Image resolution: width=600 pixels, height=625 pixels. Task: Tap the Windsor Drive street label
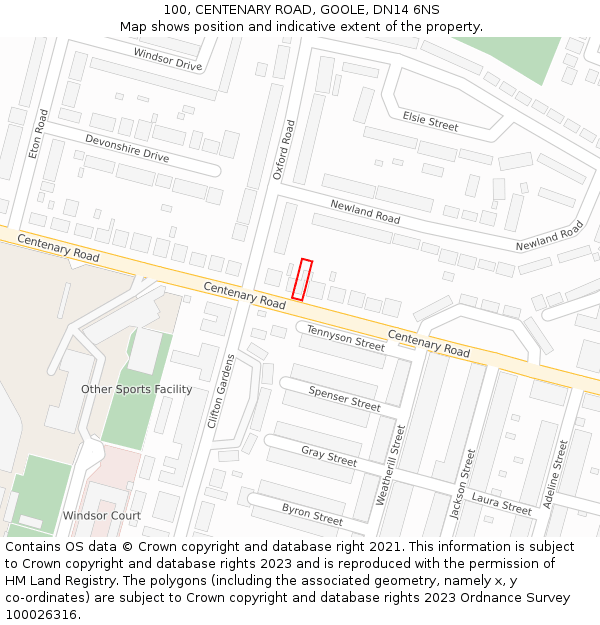pyautogui.click(x=167, y=59)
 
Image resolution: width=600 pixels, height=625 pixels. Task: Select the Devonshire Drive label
pyautogui.click(x=127, y=148)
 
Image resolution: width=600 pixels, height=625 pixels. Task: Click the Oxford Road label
pyautogui.click(x=284, y=150)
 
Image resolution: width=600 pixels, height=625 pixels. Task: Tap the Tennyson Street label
pyautogui.click(x=345, y=338)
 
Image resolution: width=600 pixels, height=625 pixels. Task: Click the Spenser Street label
pyautogui.click(x=344, y=399)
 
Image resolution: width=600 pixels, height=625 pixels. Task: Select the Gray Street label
pyautogui.click(x=329, y=457)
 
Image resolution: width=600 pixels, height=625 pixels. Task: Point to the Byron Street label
pyautogui.click(x=312, y=514)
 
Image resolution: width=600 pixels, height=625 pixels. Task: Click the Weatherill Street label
pyautogui.click(x=390, y=465)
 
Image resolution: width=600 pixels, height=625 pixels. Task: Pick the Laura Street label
pyautogui.click(x=501, y=504)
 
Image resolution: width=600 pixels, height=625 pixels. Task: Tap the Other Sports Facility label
pyautogui.click(x=137, y=389)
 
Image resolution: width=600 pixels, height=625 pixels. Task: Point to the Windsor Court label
pyautogui.click(x=102, y=516)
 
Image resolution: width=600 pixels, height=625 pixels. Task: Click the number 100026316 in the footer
pyautogui.click(x=41, y=614)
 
